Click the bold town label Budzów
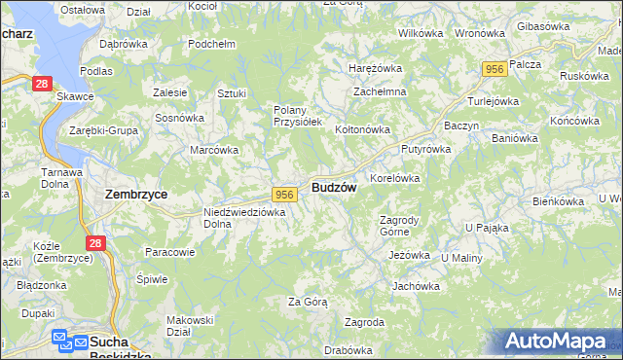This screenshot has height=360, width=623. [x=334, y=188]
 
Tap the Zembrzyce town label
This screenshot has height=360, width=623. [x=136, y=195]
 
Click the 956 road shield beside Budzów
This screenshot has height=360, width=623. [x=284, y=195]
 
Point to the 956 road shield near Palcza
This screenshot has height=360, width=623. [x=495, y=69]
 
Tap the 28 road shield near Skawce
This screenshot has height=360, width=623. [x=41, y=86]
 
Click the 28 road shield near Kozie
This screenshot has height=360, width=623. [x=94, y=243]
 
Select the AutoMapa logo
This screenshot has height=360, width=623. [x=560, y=342]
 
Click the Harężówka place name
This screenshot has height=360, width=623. [x=376, y=69]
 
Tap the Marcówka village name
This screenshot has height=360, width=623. [x=214, y=150]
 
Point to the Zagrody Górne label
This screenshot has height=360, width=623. [x=398, y=227]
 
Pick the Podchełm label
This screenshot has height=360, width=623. [x=213, y=45]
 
